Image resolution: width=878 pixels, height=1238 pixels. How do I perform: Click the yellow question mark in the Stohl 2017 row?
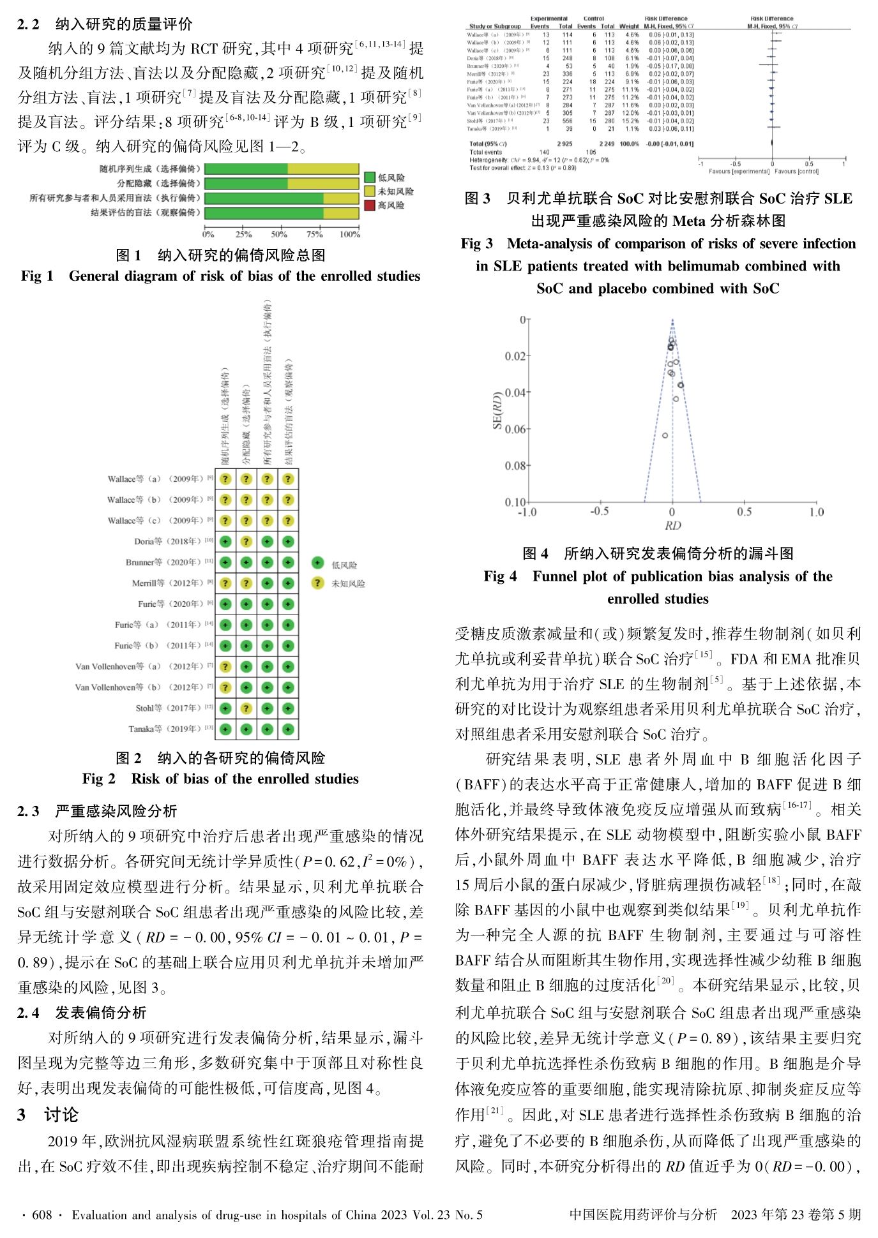click(x=246, y=708)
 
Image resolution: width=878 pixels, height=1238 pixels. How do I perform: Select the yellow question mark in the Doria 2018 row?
click(x=246, y=542)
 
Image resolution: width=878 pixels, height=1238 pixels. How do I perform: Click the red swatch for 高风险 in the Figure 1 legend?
click(x=370, y=205)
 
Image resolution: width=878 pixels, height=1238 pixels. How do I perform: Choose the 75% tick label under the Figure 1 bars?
click(x=314, y=234)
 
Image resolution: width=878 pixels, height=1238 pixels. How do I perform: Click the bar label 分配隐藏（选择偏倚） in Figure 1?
click(x=158, y=183)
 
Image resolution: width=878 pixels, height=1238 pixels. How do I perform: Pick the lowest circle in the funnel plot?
click(x=665, y=435)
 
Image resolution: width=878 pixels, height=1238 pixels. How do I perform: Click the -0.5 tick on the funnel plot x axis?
click(x=599, y=512)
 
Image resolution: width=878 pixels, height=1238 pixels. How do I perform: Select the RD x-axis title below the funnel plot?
click(x=672, y=526)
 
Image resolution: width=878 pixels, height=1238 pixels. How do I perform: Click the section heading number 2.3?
click(x=28, y=811)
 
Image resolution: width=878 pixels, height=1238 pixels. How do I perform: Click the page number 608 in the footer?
click(x=42, y=1215)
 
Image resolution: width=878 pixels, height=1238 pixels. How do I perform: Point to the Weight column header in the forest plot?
click(x=629, y=27)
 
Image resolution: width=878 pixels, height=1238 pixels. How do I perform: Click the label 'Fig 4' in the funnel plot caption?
click(x=500, y=576)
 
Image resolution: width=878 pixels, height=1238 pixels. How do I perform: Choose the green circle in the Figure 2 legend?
click(x=317, y=562)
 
